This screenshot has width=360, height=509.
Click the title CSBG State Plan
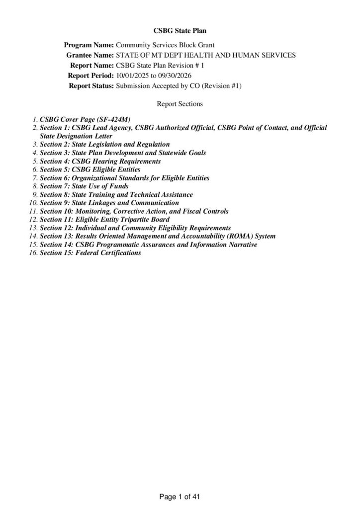(180, 31)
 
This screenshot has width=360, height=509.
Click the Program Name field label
(89, 45)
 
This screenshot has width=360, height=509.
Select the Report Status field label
(91, 85)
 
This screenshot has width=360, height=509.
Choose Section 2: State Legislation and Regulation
(104, 144)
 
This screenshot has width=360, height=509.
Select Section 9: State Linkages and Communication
(109, 203)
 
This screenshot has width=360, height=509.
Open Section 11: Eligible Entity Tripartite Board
(104, 219)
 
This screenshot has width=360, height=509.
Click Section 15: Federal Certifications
(90, 253)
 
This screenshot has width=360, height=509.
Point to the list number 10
(33, 203)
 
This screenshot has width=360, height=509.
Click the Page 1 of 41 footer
(180, 496)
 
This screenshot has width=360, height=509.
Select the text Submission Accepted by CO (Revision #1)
(179, 85)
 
